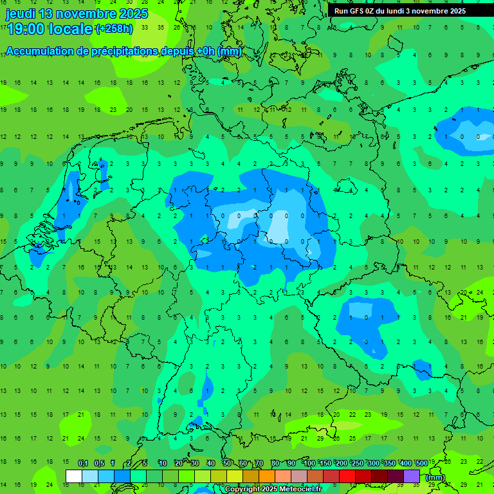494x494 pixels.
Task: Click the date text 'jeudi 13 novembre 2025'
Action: pos(77,14)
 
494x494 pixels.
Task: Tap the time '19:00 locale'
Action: pos(50,29)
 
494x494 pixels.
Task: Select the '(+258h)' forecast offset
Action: pos(114,29)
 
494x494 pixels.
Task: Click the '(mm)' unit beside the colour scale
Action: pos(435,477)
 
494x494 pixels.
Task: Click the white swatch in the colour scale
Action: pos(74,476)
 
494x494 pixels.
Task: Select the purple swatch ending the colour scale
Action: pos(412,476)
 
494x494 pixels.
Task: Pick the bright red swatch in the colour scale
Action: pos(347,476)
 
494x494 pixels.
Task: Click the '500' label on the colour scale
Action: pos(421,463)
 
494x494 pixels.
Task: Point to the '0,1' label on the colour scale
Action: pos(83,463)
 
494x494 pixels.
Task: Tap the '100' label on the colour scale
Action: pos(309,463)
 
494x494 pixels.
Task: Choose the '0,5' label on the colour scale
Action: pos(99,463)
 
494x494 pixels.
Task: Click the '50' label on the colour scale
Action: pos(227,463)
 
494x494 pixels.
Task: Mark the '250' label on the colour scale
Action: pos(357,463)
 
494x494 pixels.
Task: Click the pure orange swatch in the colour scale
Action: pos(267,476)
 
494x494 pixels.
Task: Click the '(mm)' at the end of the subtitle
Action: pos(230,51)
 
